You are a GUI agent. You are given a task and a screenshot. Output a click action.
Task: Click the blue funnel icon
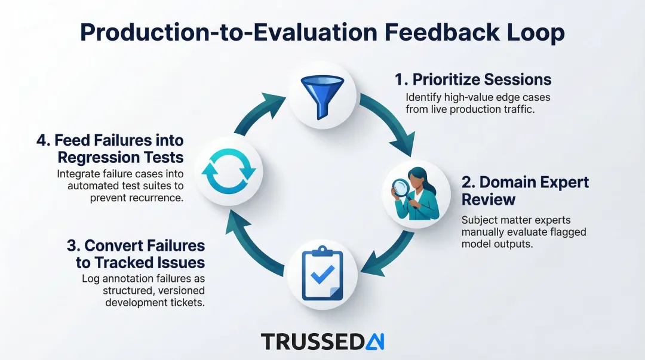pos(322,95)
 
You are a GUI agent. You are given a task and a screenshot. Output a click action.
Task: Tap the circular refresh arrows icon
pos(228,170)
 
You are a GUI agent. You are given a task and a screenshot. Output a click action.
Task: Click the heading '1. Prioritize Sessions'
pos(472,79)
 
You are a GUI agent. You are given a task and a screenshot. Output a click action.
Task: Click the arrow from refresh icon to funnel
pos(257,113)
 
